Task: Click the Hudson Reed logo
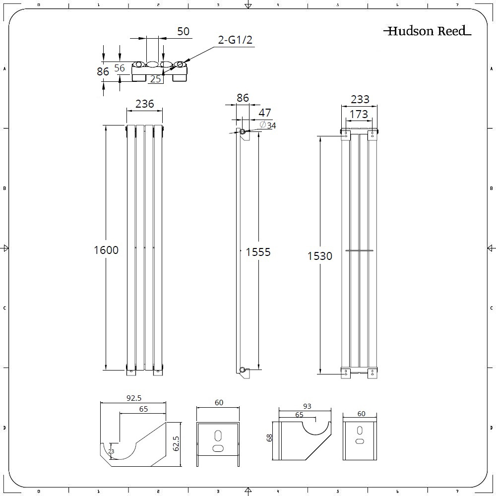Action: [x=427, y=31]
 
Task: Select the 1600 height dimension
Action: [x=106, y=250]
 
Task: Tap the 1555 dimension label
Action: [x=258, y=252]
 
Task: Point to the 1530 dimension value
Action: [x=320, y=256]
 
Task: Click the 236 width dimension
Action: [x=144, y=104]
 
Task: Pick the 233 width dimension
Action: [x=360, y=99]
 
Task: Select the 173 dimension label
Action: [x=359, y=115]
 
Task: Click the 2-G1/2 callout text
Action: [x=236, y=40]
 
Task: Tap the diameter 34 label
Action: [x=268, y=125]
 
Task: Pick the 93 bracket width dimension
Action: [x=307, y=406]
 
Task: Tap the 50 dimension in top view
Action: [x=183, y=31]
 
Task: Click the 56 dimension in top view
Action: [x=120, y=68]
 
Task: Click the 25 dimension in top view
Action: [x=155, y=79]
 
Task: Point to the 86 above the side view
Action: [x=242, y=98]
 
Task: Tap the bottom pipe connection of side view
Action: [x=242, y=370]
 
